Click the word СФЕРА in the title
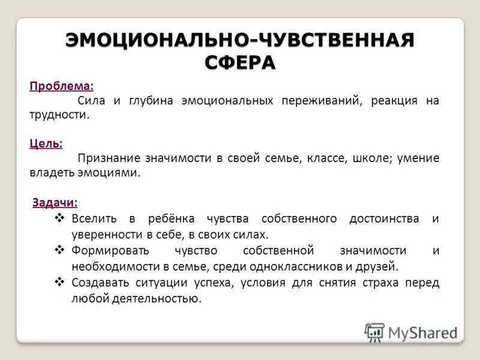[239, 62]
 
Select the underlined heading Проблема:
[62, 85]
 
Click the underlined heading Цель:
[46, 143]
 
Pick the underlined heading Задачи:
[55, 202]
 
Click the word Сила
[91, 100]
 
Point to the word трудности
[59, 115]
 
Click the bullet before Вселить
[59, 218]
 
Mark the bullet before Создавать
[59, 281]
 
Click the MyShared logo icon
[374, 332]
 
